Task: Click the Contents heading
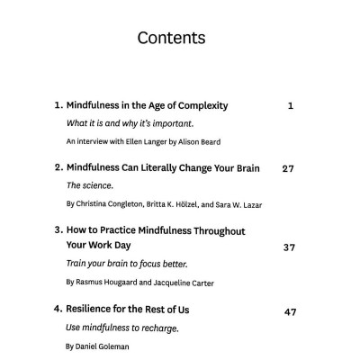[171, 38]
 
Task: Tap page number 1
[291, 106]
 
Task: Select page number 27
[288, 168]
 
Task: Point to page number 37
[289, 247]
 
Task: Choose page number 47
[289, 311]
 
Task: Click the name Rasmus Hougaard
[108, 283]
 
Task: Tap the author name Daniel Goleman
[99, 346]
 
